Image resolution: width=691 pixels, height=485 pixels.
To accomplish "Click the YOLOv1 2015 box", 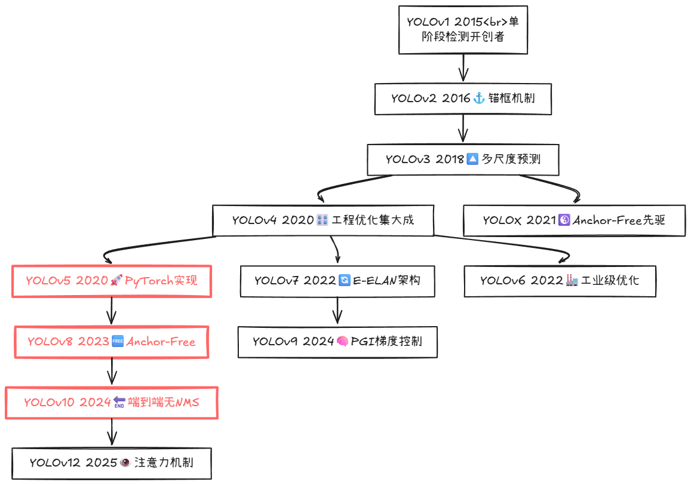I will [x=463, y=30].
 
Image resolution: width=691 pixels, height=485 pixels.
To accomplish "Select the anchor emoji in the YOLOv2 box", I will [x=479, y=99].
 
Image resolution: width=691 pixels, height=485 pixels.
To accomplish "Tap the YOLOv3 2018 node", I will [x=463, y=159].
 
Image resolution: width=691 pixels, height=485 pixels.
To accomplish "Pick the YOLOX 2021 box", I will [x=574, y=220].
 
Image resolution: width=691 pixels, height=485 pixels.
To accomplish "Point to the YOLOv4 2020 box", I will [x=323, y=220].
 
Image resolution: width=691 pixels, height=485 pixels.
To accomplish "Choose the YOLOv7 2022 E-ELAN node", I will [x=337, y=280].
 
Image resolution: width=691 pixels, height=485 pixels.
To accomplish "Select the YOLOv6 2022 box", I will [x=560, y=280].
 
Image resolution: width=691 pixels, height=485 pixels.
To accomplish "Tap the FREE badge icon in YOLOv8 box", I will [x=118, y=342].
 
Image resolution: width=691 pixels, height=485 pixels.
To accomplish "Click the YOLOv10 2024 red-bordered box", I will [x=112, y=403].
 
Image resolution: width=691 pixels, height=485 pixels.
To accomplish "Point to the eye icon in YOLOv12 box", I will [x=125, y=462].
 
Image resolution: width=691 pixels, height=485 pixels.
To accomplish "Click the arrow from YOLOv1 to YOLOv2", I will [x=463, y=68].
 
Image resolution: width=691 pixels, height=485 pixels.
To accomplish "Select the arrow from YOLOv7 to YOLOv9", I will [x=338, y=311].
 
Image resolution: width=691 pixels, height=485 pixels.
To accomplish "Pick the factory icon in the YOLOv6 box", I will [x=572, y=280].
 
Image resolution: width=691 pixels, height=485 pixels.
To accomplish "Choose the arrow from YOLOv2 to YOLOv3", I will [x=463, y=129].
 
